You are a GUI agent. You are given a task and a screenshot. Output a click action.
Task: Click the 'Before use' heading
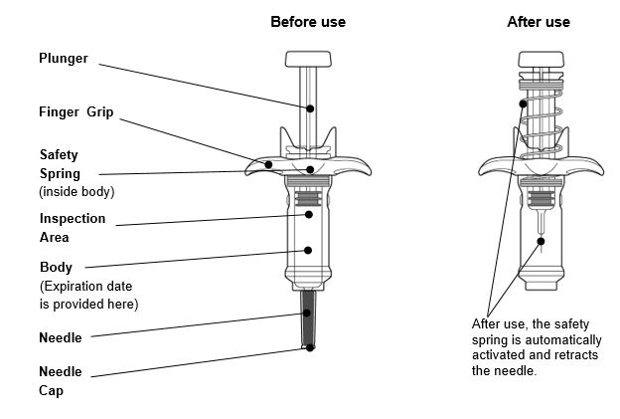pos(307,21)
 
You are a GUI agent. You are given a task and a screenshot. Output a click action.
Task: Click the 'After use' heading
pos(539,21)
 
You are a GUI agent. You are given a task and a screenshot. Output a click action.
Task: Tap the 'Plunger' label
pos(64,59)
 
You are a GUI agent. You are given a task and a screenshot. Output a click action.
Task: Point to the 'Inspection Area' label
pos(73,228)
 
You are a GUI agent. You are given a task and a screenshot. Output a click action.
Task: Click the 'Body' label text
pos(56,267)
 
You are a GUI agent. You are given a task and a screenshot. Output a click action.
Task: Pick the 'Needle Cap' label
pos(53,381)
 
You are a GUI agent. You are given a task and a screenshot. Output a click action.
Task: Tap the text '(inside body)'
pos(77,190)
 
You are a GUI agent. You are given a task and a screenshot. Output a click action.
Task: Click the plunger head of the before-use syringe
pos(310,59)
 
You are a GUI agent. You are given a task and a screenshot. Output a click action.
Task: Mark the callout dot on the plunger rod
pos(311,107)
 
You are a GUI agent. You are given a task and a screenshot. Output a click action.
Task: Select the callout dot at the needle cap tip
pos(311,347)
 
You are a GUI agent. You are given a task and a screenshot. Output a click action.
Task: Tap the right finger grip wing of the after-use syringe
pos(588,166)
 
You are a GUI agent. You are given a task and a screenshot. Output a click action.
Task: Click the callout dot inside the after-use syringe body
pos(540,239)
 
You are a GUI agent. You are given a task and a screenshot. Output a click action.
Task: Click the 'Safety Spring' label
pos(59,164)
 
